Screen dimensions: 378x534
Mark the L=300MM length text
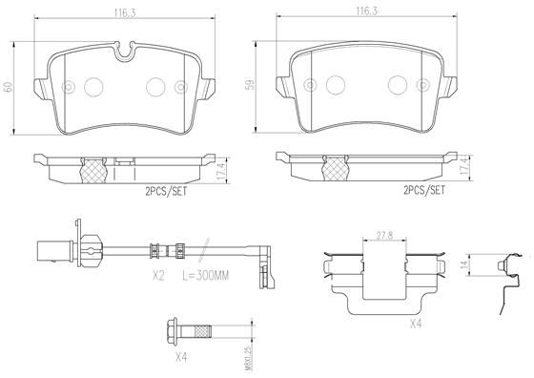click(x=204, y=275)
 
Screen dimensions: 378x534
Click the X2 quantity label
click(x=159, y=275)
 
